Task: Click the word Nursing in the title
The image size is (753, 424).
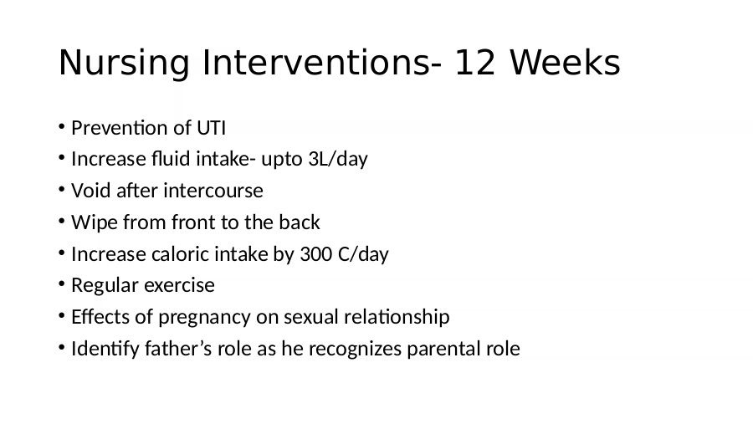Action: click(x=125, y=63)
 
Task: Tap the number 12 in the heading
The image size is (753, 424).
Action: click(x=474, y=63)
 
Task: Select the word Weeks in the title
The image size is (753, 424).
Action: click(x=565, y=63)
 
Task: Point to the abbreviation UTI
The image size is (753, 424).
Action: click(x=212, y=128)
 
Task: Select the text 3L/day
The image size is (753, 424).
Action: click(x=338, y=159)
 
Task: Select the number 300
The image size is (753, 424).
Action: click(x=315, y=254)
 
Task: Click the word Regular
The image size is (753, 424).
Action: click(x=105, y=285)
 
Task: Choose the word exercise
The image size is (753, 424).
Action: click(x=179, y=285)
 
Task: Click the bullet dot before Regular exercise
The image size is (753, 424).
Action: click(x=61, y=284)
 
